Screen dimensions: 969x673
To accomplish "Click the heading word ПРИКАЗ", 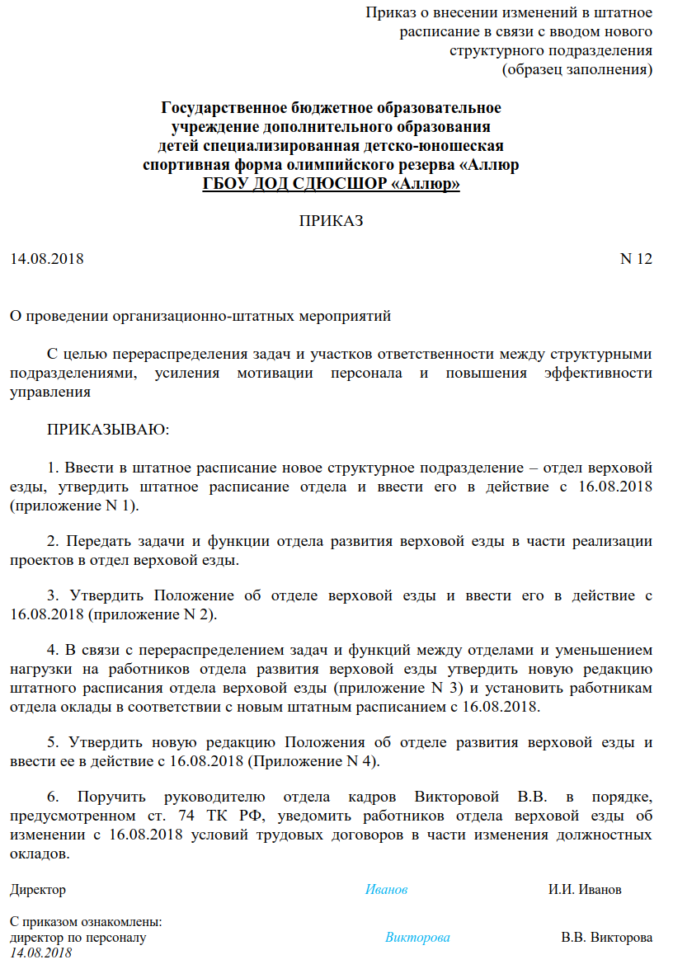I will [x=331, y=221].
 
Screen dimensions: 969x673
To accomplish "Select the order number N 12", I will [x=635, y=259].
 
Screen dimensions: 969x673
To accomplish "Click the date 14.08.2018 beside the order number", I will [x=47, y=259].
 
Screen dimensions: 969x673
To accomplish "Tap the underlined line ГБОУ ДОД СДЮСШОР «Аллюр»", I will [x=331, y=183].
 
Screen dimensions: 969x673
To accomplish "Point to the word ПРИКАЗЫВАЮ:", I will [x=108, y=430].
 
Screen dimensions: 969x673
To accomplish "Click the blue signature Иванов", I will [x=387, y=890].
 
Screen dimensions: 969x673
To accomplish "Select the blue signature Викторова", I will [x=417, y=938].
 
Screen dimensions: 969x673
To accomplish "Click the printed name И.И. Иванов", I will [x=585, y=890].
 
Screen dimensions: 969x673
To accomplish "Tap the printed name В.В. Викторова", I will [x=606, y=938].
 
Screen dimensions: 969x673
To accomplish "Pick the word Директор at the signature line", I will [x=38, y=890].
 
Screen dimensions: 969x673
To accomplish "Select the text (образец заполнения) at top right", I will [x=577, y=69].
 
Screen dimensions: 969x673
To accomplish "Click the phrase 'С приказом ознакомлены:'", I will [x=86, y=922].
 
